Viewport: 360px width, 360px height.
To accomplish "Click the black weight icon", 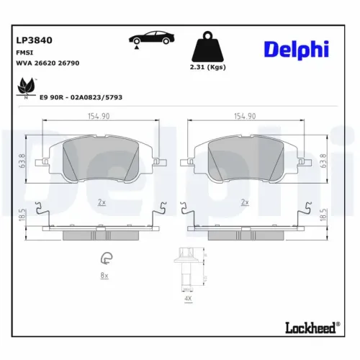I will (207, 48).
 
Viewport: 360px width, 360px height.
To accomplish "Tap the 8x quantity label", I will (104, 275).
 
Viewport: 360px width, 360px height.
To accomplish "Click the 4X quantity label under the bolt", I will (187, 297).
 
